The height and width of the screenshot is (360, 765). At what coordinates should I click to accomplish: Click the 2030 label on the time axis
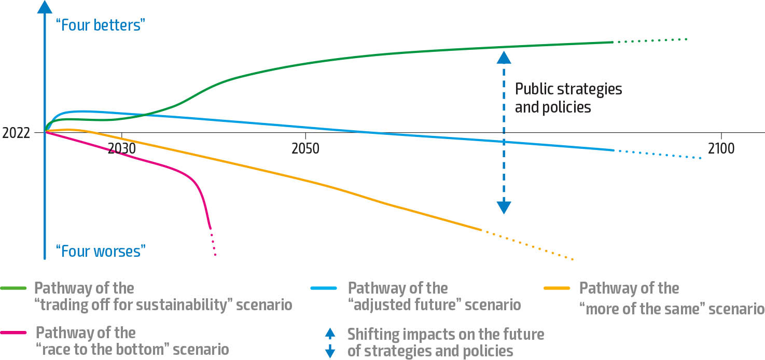pyautogui.click(x=121, y=148)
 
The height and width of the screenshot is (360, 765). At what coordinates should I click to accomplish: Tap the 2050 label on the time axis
pyautogui.click(x=305, y=148)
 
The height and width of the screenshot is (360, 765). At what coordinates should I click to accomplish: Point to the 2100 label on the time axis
pyautogui.click(x=721, y=148)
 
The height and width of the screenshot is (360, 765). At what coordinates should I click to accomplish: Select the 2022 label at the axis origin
pyautogui.click(x=16, y=133)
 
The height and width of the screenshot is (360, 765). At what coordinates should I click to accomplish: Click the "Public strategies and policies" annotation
pyautogui.click(x=568, y=98)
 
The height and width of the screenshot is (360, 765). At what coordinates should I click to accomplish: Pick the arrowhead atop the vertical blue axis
pyautogui.click(x=45, y=7)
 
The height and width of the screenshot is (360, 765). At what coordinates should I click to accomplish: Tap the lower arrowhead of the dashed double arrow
pyautogui.click(x=504, y=207)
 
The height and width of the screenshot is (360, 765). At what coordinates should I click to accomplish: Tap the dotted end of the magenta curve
pyautogui.click(x=213, y=244)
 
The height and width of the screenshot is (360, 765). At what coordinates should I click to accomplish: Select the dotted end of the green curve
pyautogui.click(x=650, y=40)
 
